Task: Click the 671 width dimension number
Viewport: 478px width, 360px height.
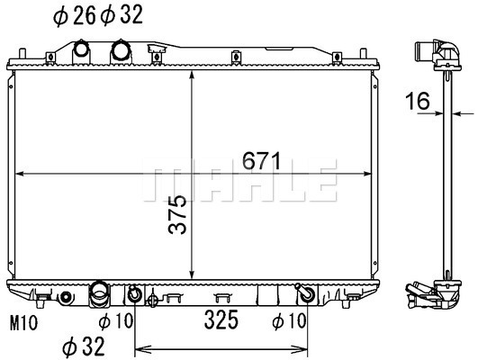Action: pos(261,161)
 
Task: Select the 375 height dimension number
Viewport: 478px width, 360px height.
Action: pos(177,214)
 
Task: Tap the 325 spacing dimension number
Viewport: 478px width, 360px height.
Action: pos(221,320)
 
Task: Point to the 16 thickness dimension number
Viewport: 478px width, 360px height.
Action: pos(418,101)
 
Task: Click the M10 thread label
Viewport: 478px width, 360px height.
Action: pos(23,323)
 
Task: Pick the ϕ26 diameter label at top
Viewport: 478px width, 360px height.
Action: pos(75,15)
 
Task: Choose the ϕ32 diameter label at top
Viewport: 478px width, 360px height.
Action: pos(122,15)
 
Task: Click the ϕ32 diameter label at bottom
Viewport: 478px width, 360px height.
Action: pos(84,346)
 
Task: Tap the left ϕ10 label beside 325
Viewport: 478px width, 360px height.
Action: pos(116,321)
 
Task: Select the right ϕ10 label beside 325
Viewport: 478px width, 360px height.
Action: pos(289,321)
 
